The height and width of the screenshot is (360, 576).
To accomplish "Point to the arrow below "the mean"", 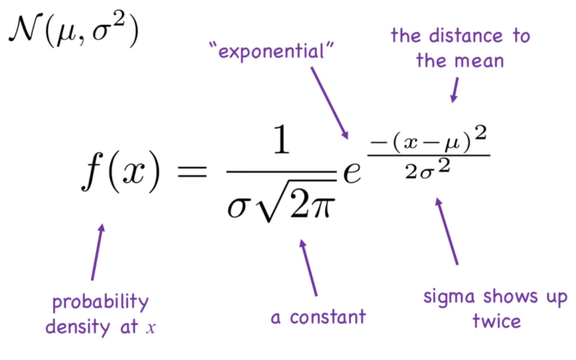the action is click(454, 90).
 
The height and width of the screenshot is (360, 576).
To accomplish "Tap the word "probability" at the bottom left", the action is click(101, 303).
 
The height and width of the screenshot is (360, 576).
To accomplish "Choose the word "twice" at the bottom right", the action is click(496, 321).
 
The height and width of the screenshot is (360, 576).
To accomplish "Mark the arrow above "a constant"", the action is click(310, 268).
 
